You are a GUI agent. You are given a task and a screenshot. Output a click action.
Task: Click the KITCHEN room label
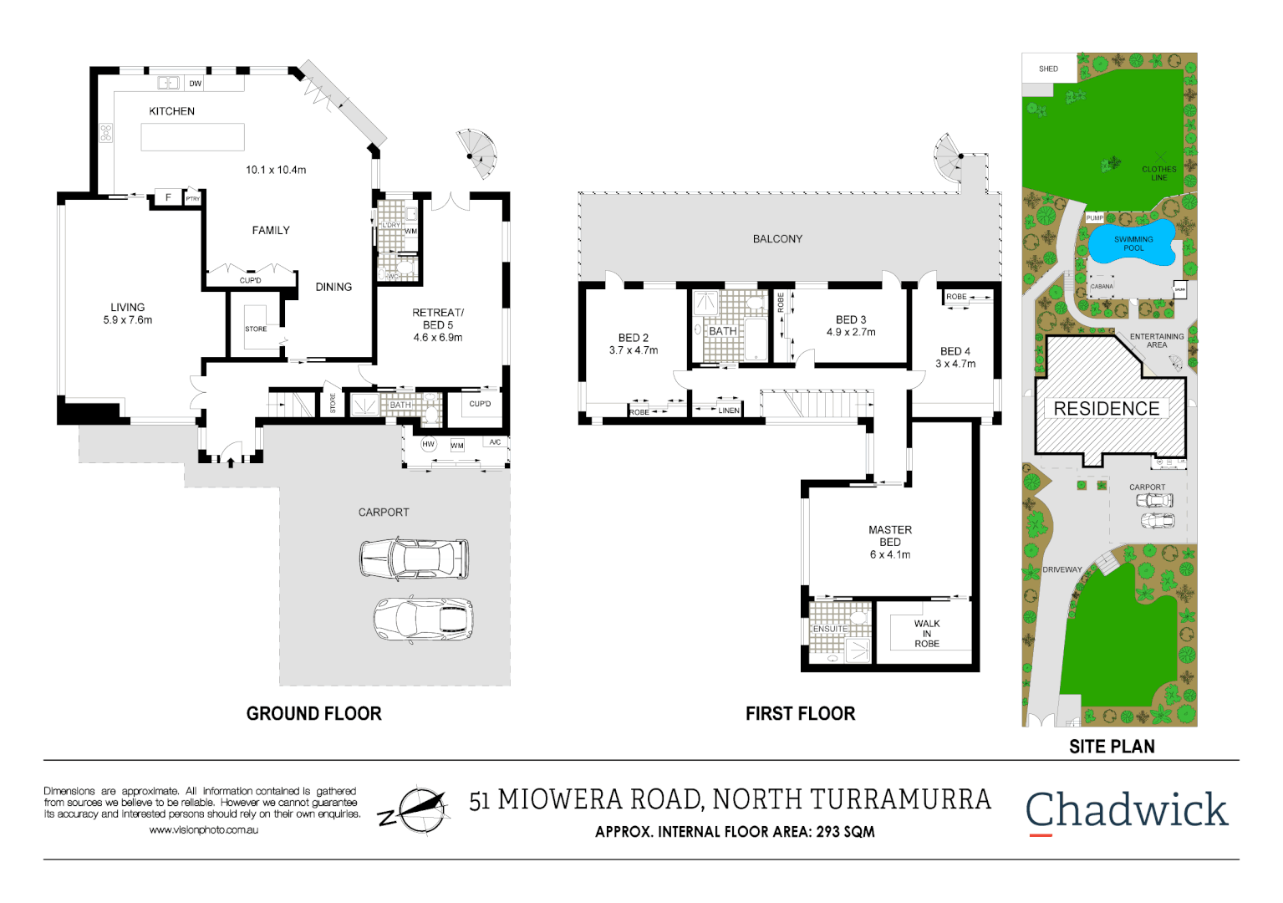pyautogui.click(x=171, y=111)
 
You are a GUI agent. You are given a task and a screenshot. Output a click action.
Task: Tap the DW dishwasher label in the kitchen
pyautogui.click(x=195, y=84)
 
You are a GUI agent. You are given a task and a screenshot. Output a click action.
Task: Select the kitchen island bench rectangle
pyautogui.click(x=192, y=137)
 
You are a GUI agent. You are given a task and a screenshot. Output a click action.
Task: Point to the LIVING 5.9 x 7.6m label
pyautogui.click(x=128, y=314)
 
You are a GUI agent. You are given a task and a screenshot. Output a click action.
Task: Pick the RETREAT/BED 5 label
pyautogui.click(x=438, y=324)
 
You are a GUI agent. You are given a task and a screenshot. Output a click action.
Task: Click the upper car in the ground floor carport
pyautogui.click(x=415, y=559)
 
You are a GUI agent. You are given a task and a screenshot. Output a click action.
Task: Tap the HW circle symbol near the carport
pyautogui.click(x=429, y=445)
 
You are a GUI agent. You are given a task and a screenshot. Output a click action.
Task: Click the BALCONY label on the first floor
pyautogui.click(x=777, y=239)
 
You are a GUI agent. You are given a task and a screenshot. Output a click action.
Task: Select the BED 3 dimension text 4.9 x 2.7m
pyautogui.click(x=851, y=332)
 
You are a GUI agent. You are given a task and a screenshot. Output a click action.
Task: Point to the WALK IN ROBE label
pyautogui.click(x=927, y=634)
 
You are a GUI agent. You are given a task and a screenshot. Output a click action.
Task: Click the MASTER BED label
pyautogui.click(x=890, y=536)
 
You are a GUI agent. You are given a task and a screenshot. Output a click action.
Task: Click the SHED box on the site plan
pyautogui.click(x=1048, y=69)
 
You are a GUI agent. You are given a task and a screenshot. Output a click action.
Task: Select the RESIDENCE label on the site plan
pyautogui.click(x=1107, y=409)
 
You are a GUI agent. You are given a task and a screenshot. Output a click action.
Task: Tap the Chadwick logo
pyautogui.click(x=1127, y=811)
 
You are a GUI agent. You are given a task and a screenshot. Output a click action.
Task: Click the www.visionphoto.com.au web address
pyautogui.click(x=204, y=830)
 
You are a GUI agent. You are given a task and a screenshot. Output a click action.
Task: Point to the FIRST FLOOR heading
pyautogui.click(x=800, y=713)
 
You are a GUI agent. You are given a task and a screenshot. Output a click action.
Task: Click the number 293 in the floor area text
pyautogui.click(x=828, y=832)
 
